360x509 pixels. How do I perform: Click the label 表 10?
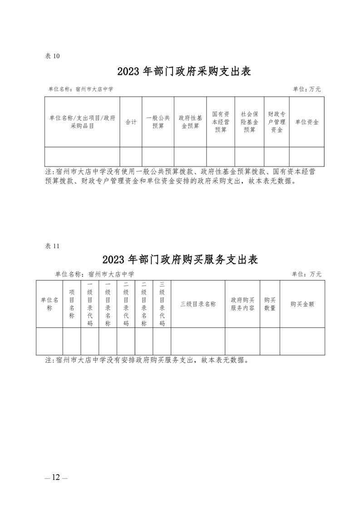(52, 56)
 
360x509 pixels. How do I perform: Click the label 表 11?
(52, 246)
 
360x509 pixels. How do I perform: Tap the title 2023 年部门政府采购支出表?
(184, 71)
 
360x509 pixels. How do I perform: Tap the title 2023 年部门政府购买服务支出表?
(180, 259)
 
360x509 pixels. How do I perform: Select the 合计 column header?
(131, 122)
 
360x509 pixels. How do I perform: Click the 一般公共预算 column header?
(158, 122)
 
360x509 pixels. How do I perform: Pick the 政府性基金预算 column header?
(190, 122)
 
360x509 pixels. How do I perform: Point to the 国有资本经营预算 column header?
(221, 122)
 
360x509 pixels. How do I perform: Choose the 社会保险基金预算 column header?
(250, 122)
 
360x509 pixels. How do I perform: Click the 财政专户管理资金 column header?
(277, 122)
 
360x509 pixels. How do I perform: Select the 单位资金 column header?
(307, 122)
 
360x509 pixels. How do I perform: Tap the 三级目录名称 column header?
(198, 304)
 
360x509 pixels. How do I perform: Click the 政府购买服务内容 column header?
(242, 304)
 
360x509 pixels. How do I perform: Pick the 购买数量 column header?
(270, 304)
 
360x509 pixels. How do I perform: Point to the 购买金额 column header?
(302, 304)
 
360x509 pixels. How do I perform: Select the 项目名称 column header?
(72, 304)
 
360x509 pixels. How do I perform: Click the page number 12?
(56, 477)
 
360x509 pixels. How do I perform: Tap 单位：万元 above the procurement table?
(307, 89)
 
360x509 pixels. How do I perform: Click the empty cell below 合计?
(131, 157)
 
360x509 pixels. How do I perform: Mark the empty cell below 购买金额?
(302, 341)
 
